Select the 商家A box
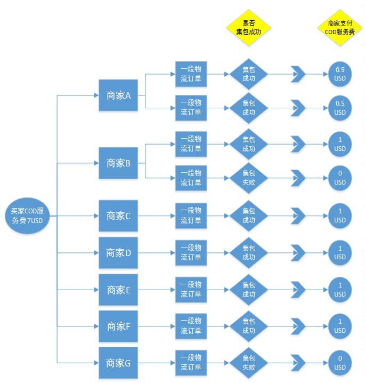click(x=118, y=95)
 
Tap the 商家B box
click(x=118, y=163)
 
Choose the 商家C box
click(x=118, y=216)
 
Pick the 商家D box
click(x=118, y=253)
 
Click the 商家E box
click(x=118, y=290)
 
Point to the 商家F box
click(x=118, y=326)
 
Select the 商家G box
click(x=118, y=363)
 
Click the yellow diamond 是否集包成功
click(x=249, y=27)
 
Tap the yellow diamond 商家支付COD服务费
click(x=340, y=27)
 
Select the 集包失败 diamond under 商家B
click(x=249, y=178)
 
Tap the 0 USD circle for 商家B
click(x=340, y=178)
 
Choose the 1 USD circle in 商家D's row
click(x=340, y=253)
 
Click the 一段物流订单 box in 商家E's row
click(x=191, y=290)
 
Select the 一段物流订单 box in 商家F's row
click(x=191, y=326)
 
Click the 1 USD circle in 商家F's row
click(x=340, y=326)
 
